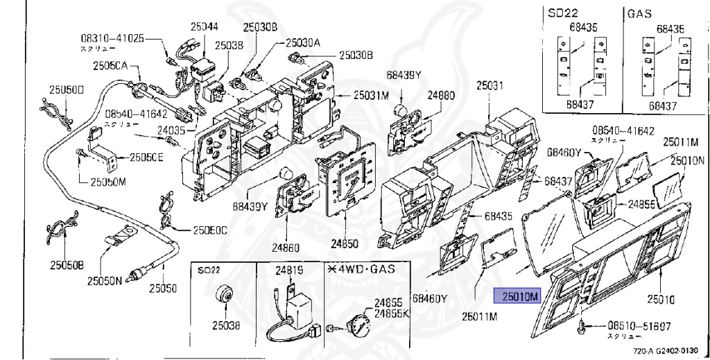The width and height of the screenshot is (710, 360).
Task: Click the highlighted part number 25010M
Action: [515, 297]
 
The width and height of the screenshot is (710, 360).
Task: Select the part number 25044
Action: [204, 26]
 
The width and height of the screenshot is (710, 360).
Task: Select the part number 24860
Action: [286, 247]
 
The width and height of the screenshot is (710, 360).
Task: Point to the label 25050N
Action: [104, 281]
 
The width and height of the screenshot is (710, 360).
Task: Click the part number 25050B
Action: [66, 265]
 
